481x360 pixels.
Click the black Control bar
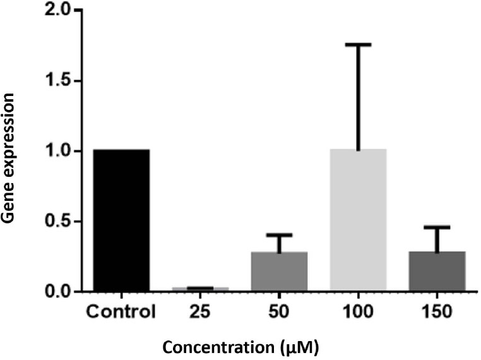coord(121,220)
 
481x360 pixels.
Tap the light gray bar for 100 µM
coord(358,220)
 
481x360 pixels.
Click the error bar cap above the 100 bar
coord(358,45)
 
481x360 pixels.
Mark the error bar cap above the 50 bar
coord(279,235)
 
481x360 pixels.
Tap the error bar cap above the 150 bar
coord(437,227)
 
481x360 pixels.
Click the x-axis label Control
coord(121,311)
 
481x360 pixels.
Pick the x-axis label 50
coord(279,311)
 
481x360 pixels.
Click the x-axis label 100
coord(358,311)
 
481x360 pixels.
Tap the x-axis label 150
coord(437,311)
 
